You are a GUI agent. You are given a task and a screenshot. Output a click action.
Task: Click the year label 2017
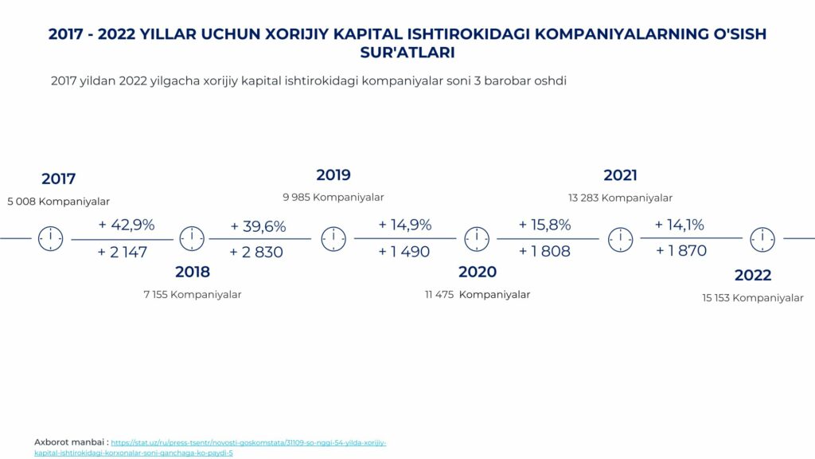59,179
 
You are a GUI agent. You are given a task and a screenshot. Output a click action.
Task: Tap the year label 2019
333,175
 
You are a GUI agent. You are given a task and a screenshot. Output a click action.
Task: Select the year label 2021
620,175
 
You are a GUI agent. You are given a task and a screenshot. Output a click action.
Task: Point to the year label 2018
193,272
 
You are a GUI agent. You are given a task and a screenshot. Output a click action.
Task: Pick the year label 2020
478,272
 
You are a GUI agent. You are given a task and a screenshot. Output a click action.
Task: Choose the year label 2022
753,275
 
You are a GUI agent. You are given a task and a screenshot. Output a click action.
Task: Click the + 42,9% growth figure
127,225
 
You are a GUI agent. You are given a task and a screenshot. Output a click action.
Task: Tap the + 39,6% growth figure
259,226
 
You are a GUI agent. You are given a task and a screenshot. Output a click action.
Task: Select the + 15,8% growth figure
544,225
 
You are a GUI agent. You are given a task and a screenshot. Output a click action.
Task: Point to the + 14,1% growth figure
680,225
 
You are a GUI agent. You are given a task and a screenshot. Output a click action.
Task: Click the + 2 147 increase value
123,253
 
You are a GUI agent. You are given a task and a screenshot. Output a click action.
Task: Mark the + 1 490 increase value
404,252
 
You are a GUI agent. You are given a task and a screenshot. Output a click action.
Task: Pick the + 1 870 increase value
681,251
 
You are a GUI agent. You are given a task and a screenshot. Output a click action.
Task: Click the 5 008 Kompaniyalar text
58,202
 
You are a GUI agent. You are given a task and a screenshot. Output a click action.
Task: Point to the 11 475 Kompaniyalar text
478,295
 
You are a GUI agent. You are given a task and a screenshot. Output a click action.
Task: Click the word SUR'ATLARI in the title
407,53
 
